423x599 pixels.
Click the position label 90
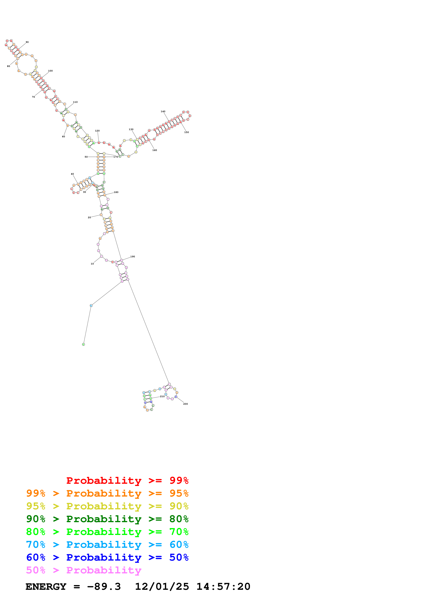tap(27, 42)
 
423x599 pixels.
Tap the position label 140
tap(163, 111)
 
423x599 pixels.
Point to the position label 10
tap(92, 264)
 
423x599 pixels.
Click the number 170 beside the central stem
tap(116, 157)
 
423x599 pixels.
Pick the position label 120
tap(97, 131)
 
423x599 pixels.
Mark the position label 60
tap(63, 136)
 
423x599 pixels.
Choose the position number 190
tap(133, 256)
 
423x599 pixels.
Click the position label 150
tap(187, 132)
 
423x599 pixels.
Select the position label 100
tap(50, 71)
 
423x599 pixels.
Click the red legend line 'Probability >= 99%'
tap(127, 480)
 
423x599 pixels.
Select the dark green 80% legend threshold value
tap(179, 519)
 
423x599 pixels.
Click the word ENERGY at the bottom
tap(46, 587)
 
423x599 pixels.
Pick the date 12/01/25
tap(162, 587)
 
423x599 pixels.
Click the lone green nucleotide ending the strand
tap(83, 344)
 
